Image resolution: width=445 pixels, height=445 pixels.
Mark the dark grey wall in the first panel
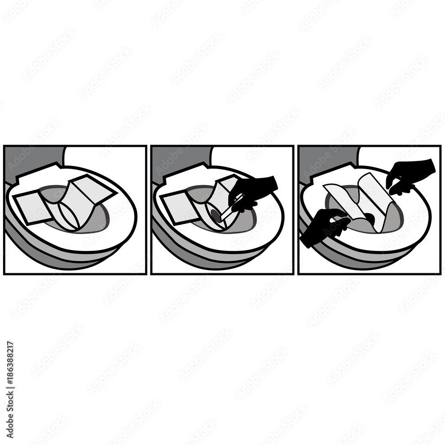click(x=31, y=158)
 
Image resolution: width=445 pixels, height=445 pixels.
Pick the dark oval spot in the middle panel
click(x=216, y=216)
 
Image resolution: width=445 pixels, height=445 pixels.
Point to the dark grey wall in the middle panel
click(x=178, y=158)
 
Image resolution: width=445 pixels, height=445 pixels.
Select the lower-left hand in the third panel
click(x=325, y=227)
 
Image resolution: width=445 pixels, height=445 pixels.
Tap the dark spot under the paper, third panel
click(x=369, y=218)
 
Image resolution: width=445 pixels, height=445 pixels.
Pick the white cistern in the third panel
click(x=398, y=156)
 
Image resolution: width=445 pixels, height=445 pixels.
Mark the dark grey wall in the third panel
click(x=325, y=158)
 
